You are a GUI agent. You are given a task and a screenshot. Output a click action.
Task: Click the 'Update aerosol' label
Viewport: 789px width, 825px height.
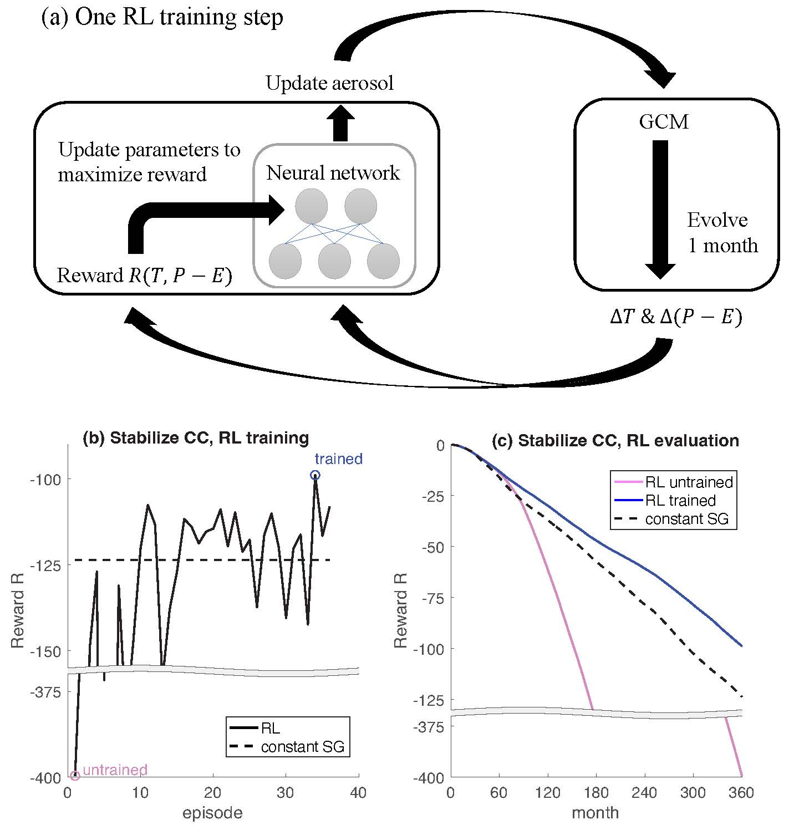coord(329,83)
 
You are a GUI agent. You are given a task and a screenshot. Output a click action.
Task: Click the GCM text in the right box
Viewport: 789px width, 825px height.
coord(663,121)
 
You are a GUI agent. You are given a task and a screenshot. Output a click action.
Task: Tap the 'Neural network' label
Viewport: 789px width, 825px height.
coord(333,173)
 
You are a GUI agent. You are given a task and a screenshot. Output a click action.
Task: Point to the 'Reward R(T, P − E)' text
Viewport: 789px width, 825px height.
coord(144,276)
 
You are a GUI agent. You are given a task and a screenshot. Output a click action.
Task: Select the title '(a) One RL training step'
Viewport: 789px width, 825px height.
coord(162,17)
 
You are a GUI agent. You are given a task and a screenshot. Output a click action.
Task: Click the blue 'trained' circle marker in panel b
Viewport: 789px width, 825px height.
coord(315,475)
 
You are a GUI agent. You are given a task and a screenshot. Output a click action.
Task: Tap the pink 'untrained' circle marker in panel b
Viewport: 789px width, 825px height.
coord(75,775)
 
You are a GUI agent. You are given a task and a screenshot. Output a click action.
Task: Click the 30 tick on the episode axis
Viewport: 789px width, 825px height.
coord(286,793)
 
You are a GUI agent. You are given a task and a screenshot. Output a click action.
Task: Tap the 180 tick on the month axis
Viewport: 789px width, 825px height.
coord(595,793)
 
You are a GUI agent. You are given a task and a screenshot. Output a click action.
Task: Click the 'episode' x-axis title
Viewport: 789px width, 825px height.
coord(212,813)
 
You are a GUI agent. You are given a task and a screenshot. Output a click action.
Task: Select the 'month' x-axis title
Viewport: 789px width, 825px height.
coord(595,813)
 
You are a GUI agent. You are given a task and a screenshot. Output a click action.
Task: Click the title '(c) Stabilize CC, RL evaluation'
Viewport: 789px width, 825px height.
coord(615,440)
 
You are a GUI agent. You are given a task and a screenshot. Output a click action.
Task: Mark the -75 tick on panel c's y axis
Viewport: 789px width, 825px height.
coord(432,598)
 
